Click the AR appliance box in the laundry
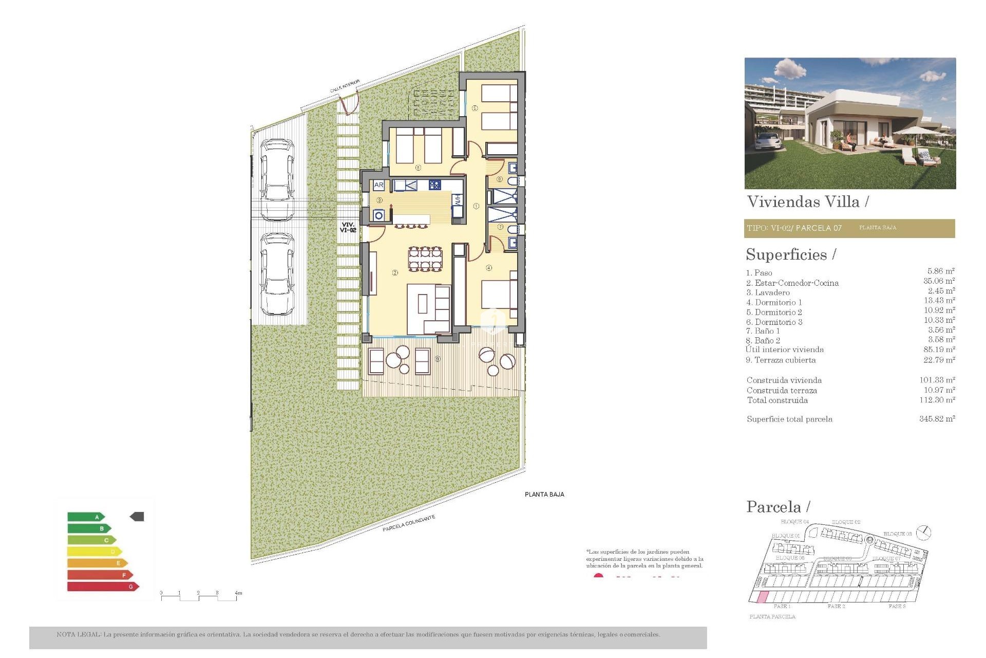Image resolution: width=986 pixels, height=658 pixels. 379,185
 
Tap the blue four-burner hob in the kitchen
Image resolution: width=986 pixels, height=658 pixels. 434,185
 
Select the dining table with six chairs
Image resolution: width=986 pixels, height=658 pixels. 425,259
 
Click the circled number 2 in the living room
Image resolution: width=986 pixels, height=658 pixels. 395,272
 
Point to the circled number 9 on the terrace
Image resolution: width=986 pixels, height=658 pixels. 438,359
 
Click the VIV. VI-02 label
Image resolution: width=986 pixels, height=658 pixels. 348,227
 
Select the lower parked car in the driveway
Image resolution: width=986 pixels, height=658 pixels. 277,274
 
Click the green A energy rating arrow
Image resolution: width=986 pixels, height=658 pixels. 86,517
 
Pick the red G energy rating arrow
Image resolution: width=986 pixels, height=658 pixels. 103,586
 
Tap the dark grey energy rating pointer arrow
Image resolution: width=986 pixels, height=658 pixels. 137,517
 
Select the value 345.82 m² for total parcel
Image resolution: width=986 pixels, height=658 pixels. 937,419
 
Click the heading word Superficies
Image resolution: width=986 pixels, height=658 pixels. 786,255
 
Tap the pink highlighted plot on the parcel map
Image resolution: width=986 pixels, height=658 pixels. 764,597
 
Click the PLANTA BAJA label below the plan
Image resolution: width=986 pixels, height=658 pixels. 544,495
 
